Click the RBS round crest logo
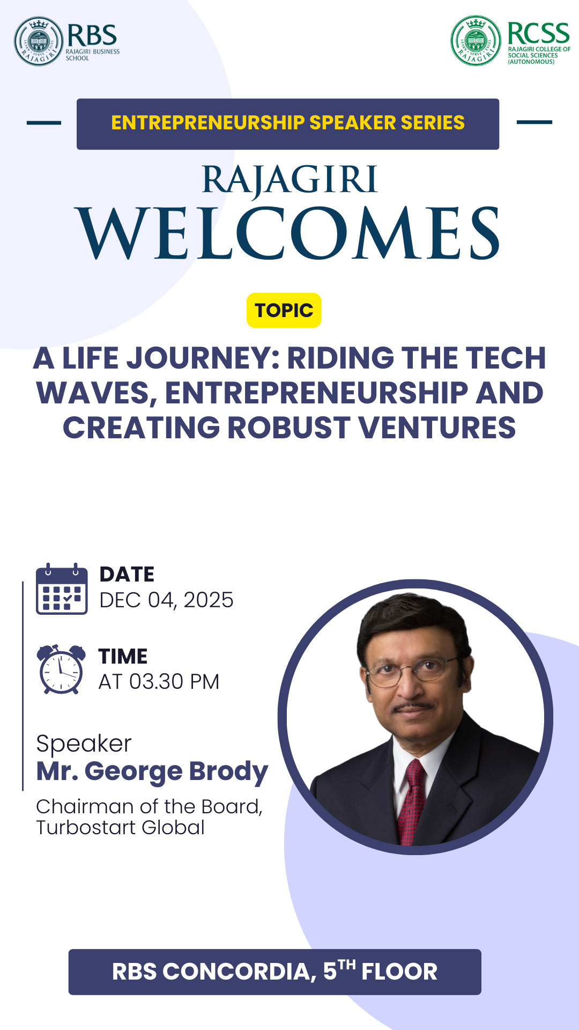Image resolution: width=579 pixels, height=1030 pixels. (39, 41)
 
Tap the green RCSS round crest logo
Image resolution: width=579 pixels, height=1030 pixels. (476, 41)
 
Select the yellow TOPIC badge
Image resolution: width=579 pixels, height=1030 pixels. (284, 310)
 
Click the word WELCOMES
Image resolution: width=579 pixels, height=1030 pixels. (289, 234)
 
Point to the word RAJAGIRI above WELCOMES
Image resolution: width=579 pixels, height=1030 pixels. (290, 180)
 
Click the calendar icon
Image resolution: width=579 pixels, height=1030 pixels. (62, 588)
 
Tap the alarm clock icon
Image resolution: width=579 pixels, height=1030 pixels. (61, 669)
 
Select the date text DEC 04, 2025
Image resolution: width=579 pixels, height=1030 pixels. (167, 600)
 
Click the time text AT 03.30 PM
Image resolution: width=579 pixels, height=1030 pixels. (159, 682)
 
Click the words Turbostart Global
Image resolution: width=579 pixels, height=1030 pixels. (121, 828)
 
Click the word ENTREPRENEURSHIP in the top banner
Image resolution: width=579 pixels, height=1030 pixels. (207, 123)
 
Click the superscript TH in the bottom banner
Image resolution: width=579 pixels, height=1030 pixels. (347, 965)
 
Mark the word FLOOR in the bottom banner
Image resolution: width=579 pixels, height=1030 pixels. (399, 972)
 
